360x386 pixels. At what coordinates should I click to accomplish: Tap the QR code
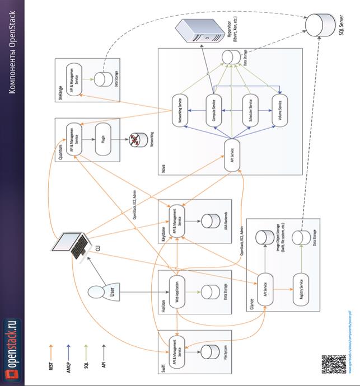(x=330, y=364)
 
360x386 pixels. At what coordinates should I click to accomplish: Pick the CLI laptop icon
(x=76, y=243)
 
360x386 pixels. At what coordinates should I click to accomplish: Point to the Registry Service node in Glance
(x=302, y=289)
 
